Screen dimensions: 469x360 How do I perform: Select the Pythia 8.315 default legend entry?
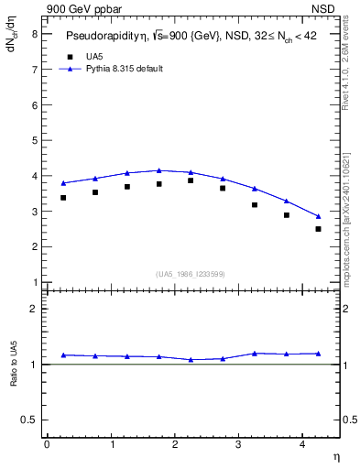pyautogui.click(x=124, y=69)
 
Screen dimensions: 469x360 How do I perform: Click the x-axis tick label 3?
pyautogui.click(x=238, y=444)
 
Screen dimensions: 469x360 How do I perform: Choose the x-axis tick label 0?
pyautogui.click(x=47, y=444)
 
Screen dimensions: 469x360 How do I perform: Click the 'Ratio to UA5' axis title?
pyautogui.click(x=16, y=378)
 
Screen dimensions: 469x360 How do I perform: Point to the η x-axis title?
pyautogui.click(x=335, y=455)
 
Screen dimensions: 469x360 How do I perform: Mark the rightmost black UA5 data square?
pyautogui.click(x=318, y=229)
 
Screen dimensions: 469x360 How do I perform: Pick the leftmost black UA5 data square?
pyautogui.click(x=63, y=198)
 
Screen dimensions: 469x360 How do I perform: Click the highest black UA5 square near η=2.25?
pyautogui.click(x=191, y=180)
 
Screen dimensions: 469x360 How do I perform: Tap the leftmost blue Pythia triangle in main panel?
pyautogui.click(x=63, y=183)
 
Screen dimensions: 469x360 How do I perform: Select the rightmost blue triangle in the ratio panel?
pyautogui.click(x=318, y=354)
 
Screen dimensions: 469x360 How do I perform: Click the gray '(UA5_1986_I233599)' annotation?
pyautogui.click(x=191, y=273)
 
